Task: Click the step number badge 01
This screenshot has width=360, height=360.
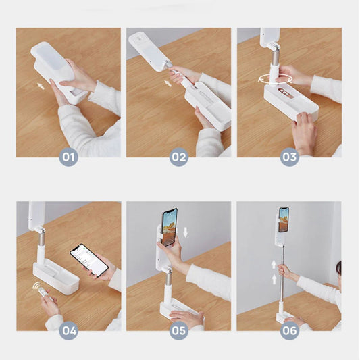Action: (69, 157)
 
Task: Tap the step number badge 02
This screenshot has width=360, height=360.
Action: (178, 157)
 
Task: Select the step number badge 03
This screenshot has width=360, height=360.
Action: (289, 157)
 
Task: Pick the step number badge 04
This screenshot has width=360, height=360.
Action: (69, 331)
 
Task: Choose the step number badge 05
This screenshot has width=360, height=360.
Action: (178, 331)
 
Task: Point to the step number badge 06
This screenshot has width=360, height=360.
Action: (289, 331)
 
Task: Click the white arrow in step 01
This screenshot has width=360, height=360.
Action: (41, 86)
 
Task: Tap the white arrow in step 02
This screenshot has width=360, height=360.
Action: (168, 83)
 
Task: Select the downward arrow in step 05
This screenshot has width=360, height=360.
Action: (185, 232)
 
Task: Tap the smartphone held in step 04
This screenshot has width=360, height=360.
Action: (89, 260)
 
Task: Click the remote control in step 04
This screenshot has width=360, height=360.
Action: (45, 294)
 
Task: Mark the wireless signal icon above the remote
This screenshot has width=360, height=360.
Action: (36, 286)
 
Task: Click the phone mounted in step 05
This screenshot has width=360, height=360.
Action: (170, 227)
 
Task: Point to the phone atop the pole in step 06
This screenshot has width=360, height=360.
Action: (284, 220)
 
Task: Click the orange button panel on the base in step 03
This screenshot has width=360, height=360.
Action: (285, 93)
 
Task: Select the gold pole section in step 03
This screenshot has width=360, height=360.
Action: (274, 57)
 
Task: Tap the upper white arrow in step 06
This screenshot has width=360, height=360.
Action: (274, 265)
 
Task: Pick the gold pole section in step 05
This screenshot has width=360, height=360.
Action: (169, 278)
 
